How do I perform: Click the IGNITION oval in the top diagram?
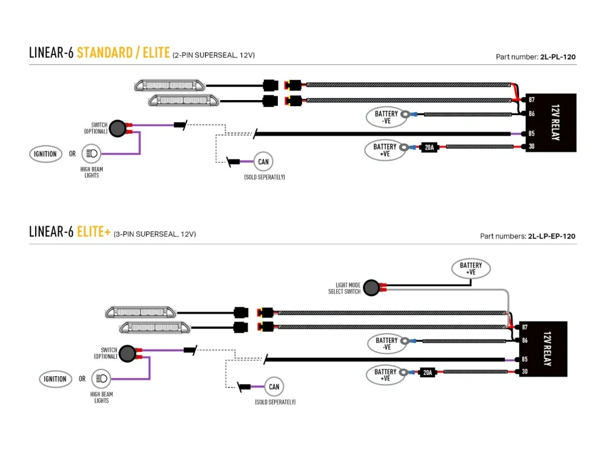point(45,154)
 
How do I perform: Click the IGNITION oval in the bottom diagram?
point(55,379)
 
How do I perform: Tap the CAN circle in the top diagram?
point(263,161)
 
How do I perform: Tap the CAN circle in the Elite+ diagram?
point(274,386)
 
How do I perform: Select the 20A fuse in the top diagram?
point(429,147)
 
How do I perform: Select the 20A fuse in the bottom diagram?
point(428,372)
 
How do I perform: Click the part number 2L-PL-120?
point(557,57)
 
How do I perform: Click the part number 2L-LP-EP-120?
point(551,236)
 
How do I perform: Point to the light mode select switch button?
point(377,288)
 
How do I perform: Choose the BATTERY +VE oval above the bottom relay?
point(471,268)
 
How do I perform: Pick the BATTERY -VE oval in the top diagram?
point(386,117)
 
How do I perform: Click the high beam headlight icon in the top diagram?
point(91,154)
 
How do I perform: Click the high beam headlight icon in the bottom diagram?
point(101,379)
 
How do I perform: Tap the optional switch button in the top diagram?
point(117,127)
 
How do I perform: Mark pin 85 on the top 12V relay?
point(531,133)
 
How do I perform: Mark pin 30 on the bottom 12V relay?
point(525,371)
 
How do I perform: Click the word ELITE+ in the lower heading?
point(93,232)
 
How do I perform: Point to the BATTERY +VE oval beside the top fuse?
point(385,150)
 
